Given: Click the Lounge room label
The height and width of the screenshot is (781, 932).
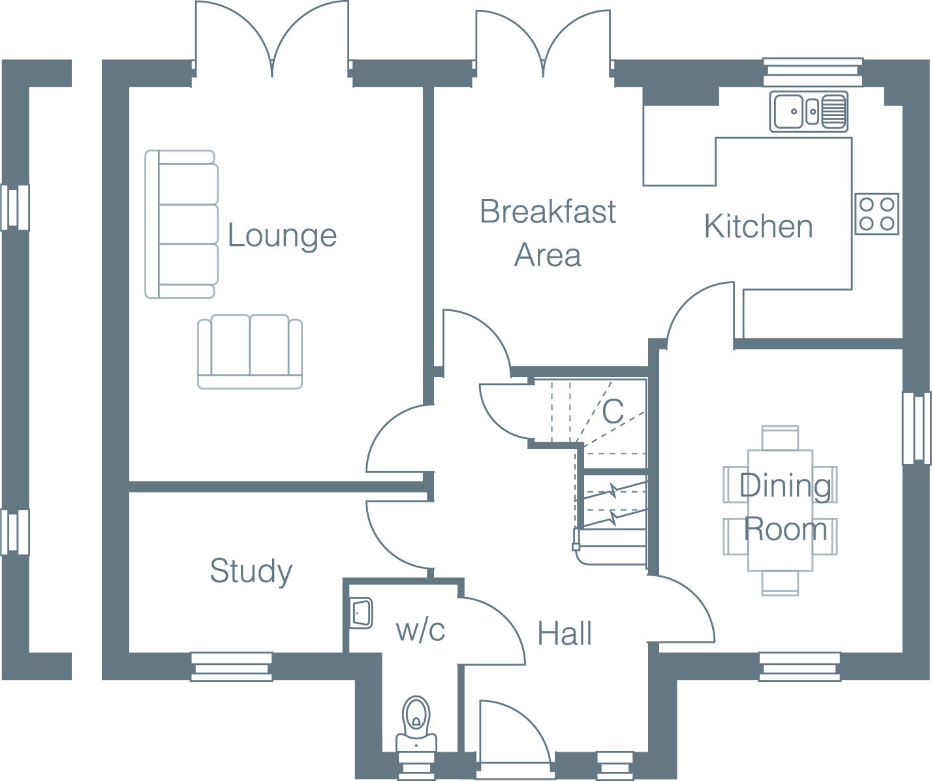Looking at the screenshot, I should pyautogui.click(x=282, y=236).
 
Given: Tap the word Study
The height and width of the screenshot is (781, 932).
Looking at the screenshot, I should pyautogui.click(x=251, y=572).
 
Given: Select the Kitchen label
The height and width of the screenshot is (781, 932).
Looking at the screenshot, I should pyautogui.click(x=758, y=227).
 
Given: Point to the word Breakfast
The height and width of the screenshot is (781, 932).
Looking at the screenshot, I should pyautogui.click(x=548, y=212).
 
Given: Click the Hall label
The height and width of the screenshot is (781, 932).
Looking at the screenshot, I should pyautogui.click(x=565, y=634).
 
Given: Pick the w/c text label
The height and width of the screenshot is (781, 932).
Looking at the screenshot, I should pyautogui.click(x=420, y=630).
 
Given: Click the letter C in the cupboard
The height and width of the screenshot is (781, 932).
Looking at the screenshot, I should pyautogui.click(x=613, y=412).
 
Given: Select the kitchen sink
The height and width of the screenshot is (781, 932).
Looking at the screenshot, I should pyautogui.click(x=808, y=112).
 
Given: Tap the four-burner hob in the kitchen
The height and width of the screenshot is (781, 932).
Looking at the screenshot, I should pyautogui.click(x=877, y=214).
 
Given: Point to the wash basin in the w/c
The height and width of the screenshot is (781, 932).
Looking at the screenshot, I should pyautogui.click(x=361, y=613).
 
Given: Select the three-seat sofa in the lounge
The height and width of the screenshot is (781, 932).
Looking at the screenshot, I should pyautogui.click(x=181, y=224).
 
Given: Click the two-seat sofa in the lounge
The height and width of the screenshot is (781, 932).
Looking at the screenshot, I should pyautogui.click(x=250, y=352).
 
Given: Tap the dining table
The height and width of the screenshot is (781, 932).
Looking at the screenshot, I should pyautogui.click(x=780, y=510).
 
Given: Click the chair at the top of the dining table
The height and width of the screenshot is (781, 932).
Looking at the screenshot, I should pyautogui.click(x=780, y=438).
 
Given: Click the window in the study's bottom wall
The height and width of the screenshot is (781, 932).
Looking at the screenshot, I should pyautogui.click(x=232, y=666).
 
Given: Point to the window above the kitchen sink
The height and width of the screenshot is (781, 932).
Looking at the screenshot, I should pyautogui.click(x=813, y=72).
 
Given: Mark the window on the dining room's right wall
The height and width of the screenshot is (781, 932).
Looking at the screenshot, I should pyautogui.click(x=916, y=428).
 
